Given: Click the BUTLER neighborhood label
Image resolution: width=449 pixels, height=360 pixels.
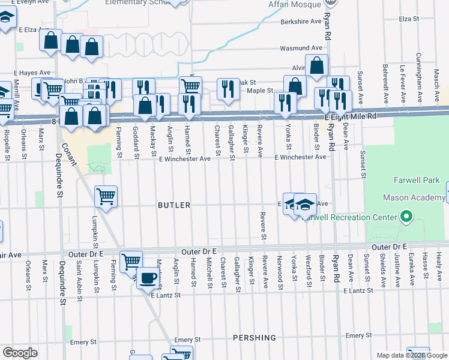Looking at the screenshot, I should [x=173, y=205].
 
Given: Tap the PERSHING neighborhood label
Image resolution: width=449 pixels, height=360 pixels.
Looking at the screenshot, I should [x=256, y=338].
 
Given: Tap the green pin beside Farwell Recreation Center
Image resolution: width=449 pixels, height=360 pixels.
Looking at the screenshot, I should [x=406, y=217].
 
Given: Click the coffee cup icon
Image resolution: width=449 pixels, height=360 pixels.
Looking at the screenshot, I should [x=148, y=278].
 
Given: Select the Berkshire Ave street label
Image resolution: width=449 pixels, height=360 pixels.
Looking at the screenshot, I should [x=302, y=22].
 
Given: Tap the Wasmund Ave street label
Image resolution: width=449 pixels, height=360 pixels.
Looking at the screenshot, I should [x=301, y=48].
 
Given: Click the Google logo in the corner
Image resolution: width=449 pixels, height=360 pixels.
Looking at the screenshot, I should [x=20, y=353].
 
